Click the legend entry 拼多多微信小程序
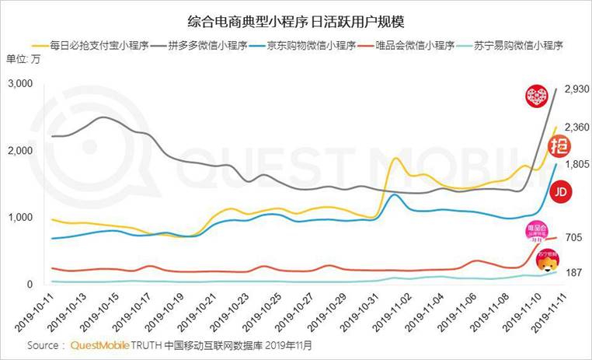tap(202, 44)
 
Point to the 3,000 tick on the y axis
tap(22, 83)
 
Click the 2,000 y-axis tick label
tap(22, 150)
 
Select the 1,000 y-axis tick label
tap(22, 218)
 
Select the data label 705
tap(573, 237)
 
